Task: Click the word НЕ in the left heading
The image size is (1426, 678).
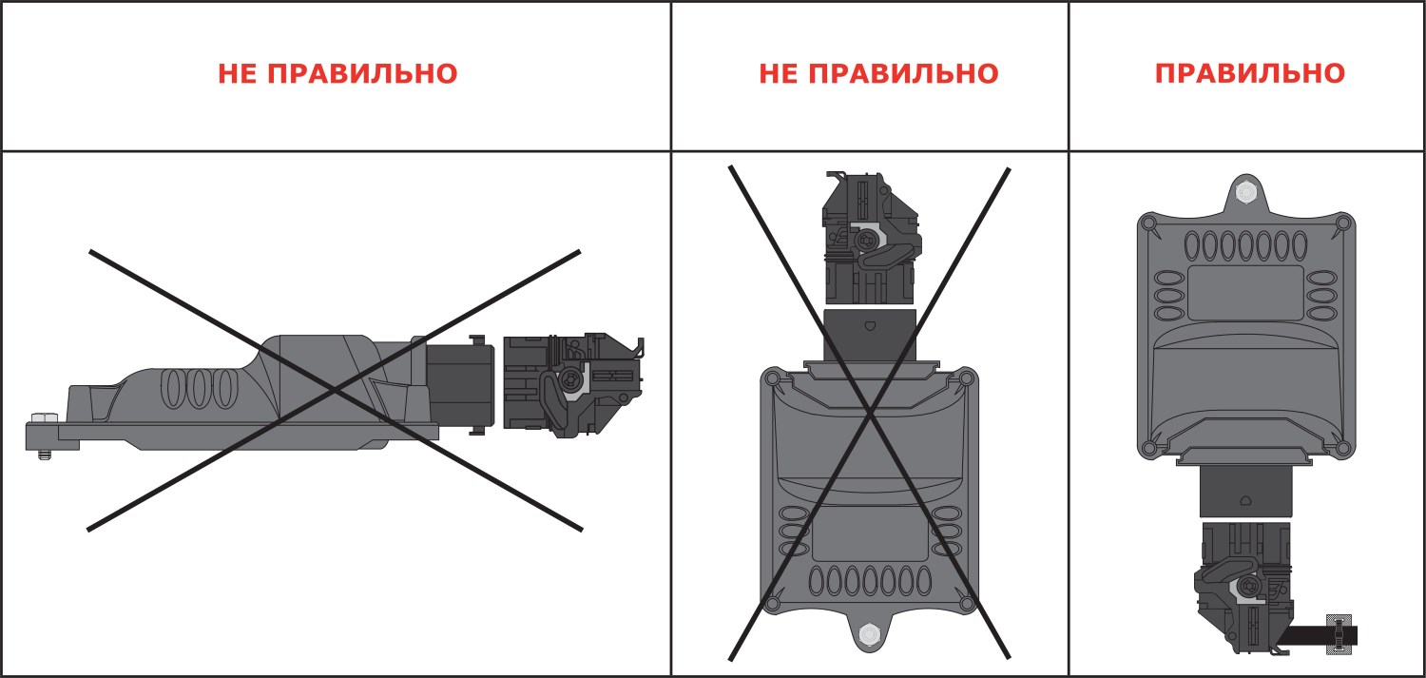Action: tap(238, 74)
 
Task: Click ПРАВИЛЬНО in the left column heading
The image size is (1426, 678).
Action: tap(362, 74)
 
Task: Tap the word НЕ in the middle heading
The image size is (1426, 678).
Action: tap(779, 74)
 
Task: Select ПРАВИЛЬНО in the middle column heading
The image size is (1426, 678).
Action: tap(903, 74)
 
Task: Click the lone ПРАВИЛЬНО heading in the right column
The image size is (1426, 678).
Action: tap(1250, 74)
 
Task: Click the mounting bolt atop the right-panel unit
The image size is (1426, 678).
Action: tap(1245, 192)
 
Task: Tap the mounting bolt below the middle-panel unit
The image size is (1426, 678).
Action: tap(869, 634)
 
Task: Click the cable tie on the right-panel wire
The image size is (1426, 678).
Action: tap(1339, 634)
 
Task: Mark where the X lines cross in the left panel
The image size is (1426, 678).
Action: tap(335, 390)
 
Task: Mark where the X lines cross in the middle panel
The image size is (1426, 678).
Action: tap(870, 414)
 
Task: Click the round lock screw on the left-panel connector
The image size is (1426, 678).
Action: tap(569, 382)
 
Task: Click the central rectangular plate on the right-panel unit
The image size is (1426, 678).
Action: tap(1245, 293)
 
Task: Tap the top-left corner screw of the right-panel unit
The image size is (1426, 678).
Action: tap(1149, 223)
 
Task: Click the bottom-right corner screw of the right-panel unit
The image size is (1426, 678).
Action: tap(1342, 449)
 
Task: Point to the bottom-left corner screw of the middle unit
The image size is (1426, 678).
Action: tap(772, 603)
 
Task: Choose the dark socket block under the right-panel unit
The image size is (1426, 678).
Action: tap(1246, 492)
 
